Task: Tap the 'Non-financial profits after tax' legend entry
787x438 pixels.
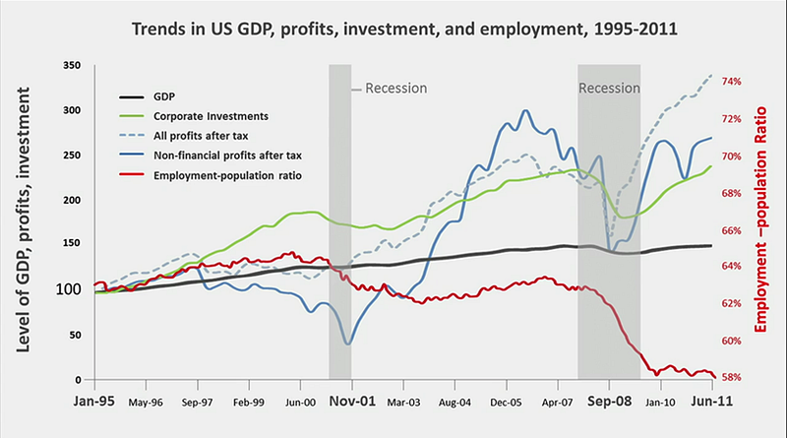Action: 226,155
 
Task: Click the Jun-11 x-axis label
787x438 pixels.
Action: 712,403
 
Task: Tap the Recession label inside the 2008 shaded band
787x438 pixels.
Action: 609,89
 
